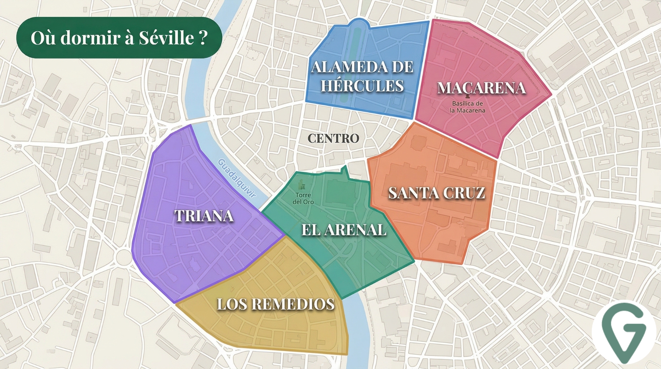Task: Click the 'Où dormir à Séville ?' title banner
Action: [x=119, y=38]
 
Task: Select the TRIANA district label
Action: [x=204, y=216]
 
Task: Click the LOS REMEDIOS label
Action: [x=276, y=304]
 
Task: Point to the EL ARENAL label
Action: [x=344, y=230]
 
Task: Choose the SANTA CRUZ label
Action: [x=437, y=193]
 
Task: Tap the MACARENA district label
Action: [x=481, y=88]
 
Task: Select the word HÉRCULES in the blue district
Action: [x=362, y=86]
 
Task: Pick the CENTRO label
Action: [x=333, y=138]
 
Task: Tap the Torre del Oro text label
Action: [x=303, y=199]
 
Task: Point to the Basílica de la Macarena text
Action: [x=467, y=107]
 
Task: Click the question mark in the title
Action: [x=204, y=38]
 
